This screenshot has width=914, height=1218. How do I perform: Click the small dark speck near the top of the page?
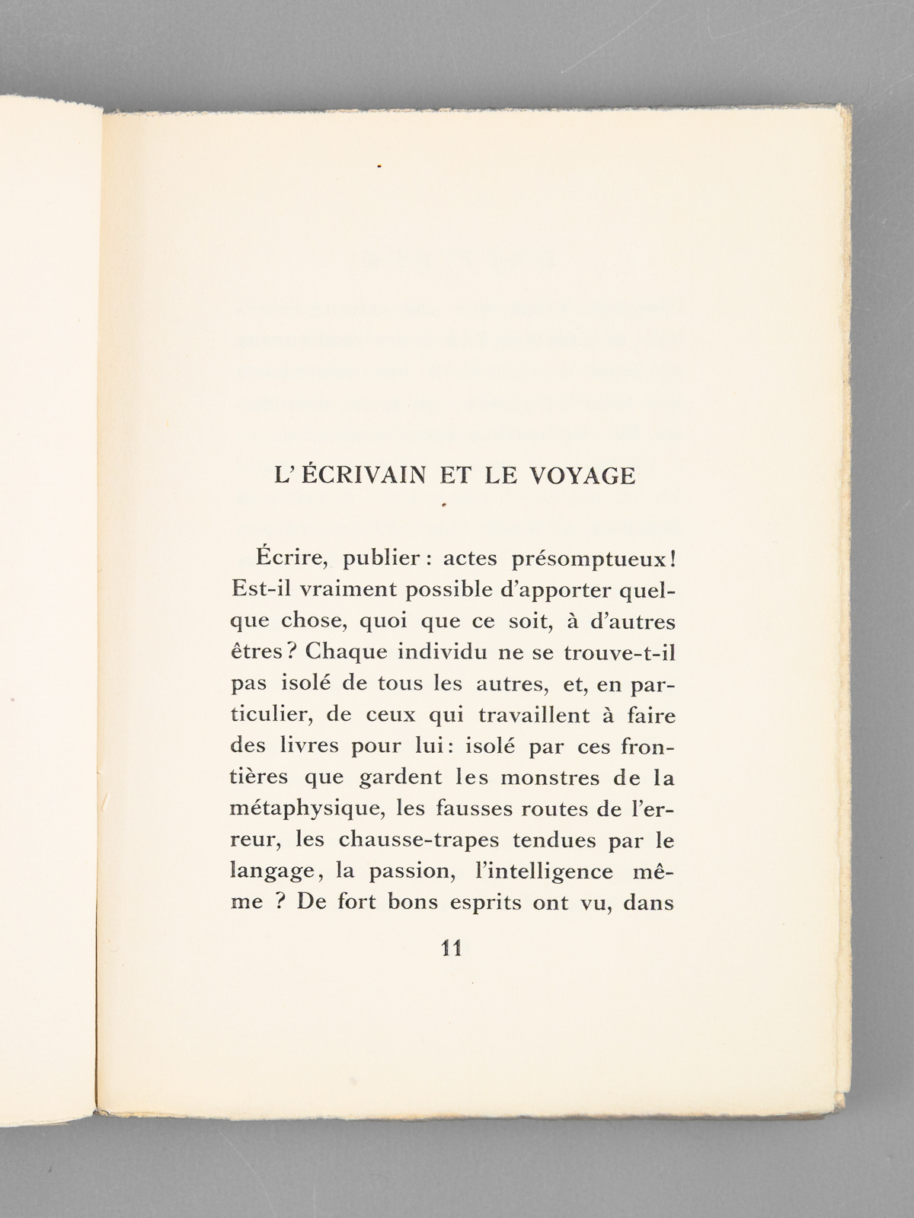(379, 164)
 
